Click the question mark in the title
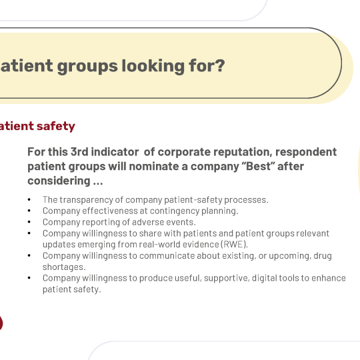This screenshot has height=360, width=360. (220, 65)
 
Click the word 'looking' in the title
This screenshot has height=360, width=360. (153, 67)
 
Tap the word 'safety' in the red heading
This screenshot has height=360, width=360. (56, 126)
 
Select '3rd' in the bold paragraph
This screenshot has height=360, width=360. (79, 152)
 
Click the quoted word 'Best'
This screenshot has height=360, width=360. (259, 166)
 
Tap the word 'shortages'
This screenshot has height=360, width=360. (63, 267)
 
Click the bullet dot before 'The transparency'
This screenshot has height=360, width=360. (29, 199)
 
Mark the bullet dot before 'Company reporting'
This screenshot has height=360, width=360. (29, 222)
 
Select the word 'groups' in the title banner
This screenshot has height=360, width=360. (87, 67)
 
